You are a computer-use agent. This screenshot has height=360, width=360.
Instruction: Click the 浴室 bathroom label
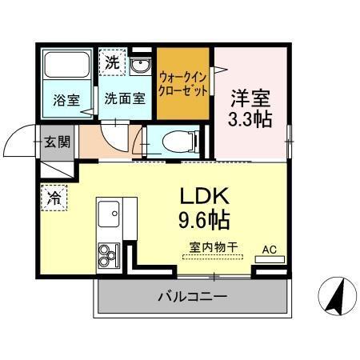(x=66, y=100)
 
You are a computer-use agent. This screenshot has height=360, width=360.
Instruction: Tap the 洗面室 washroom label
(x=124, y=100)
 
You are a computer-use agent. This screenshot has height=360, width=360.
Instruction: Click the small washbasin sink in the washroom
(x=142, y=65)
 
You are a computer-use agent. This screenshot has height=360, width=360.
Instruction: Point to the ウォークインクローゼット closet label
(x=183, y=84)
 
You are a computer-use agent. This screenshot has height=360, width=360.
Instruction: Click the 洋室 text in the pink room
(x=251, y=98)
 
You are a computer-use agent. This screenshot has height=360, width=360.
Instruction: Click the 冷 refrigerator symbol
(x=54, y=196)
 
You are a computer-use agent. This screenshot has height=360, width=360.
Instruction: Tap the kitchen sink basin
(x=107, y=214)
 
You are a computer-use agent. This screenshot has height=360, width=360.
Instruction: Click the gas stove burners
(x=107, y=255)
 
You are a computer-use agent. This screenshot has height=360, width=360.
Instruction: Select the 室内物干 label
(x=213, y=247)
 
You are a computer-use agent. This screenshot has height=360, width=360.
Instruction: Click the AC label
(x=269, y=249)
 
